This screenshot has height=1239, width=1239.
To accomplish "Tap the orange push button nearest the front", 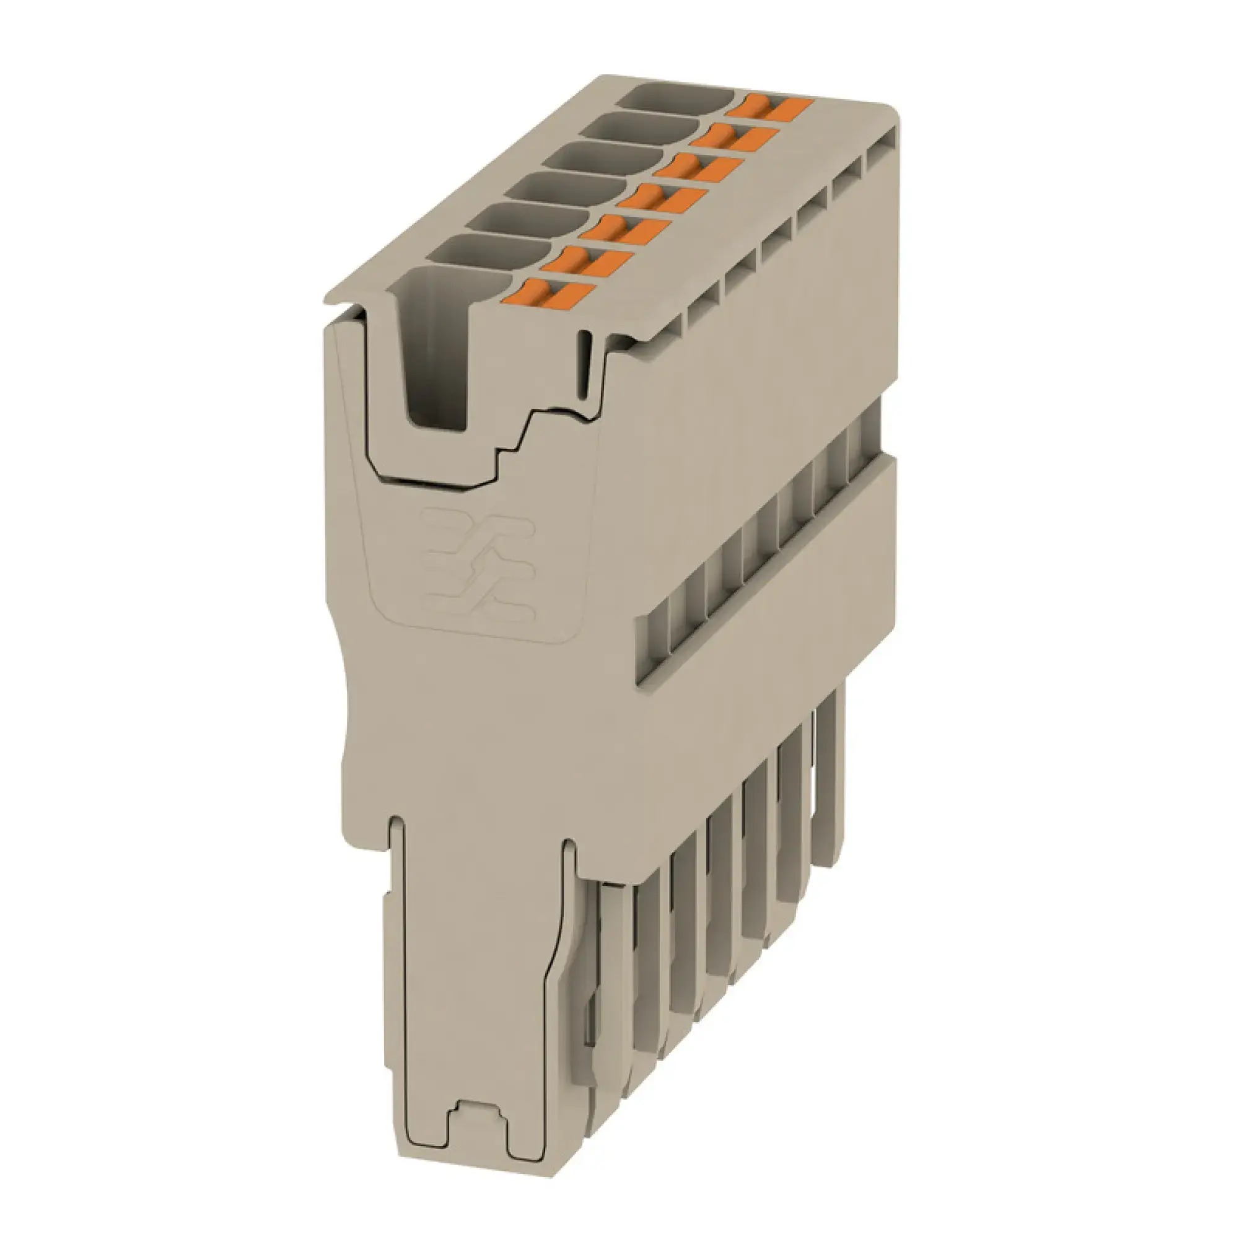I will coord(551,294).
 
